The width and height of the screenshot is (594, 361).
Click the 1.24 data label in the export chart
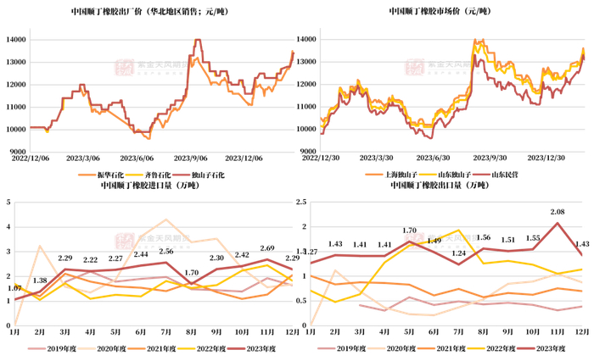(x=459, y=253)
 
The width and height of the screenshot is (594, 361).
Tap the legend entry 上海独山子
(x=401, y=174)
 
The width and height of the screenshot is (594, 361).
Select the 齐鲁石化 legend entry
(x=154, y=174)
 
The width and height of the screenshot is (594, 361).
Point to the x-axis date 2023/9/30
(x=488, y=157)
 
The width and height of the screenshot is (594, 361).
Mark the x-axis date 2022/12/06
(x=29, y=157)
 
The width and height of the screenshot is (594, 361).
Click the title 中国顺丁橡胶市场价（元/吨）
(x=440, y=12)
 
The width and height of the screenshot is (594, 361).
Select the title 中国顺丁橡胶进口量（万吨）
(x=148, y=186)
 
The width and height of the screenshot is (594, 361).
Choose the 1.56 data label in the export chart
(x=484, y=238)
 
